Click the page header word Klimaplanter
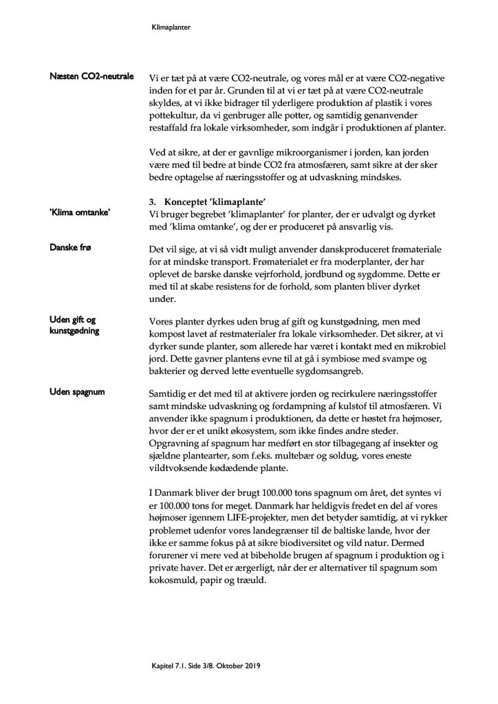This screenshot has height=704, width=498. pos(171,28)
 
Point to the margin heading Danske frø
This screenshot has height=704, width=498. pos(72,246)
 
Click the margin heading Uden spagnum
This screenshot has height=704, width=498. pos(77,392)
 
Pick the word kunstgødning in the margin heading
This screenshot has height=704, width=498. pos(74,331)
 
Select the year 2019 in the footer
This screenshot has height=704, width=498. pos(249,666)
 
